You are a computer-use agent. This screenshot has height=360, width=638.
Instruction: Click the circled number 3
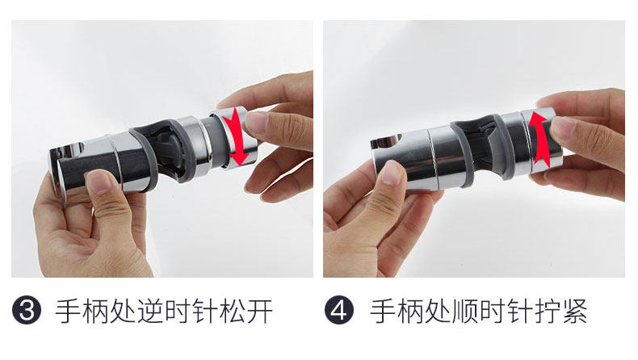27,311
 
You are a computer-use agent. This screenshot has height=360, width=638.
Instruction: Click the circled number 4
339,311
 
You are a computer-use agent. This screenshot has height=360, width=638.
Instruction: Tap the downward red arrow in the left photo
237,136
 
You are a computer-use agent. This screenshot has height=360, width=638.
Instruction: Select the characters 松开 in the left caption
246,311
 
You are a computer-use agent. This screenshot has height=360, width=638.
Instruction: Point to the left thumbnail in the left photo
99,182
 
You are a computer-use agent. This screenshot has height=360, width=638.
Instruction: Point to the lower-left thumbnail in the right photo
392,173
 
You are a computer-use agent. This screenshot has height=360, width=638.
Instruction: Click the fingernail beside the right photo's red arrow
563,128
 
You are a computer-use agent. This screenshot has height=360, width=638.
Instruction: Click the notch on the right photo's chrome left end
386,142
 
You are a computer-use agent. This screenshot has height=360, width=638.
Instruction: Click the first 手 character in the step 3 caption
68,311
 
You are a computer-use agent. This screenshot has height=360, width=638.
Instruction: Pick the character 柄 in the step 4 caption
409,311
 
